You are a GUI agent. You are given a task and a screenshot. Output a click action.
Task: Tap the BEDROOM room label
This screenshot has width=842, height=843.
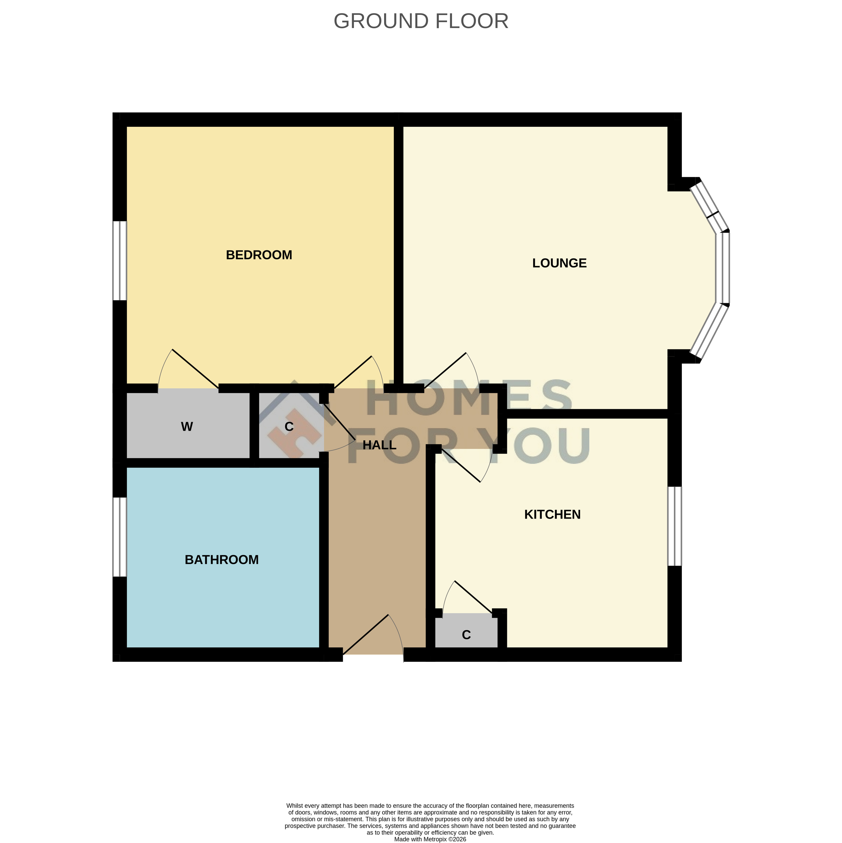coord(259,255)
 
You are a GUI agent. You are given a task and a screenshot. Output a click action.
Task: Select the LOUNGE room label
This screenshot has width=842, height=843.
coord(560,263)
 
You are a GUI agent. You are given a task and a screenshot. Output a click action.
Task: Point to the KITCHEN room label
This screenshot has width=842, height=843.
coord(552,514)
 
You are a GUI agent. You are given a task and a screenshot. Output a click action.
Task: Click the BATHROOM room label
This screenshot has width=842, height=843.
coord(222,560)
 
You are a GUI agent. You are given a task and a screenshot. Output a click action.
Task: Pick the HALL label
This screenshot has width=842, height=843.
coord(380,445)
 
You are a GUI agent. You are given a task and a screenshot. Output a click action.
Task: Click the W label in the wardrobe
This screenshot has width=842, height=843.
coord(187,427)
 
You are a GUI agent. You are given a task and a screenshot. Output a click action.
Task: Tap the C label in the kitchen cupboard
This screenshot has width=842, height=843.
coord(466,635)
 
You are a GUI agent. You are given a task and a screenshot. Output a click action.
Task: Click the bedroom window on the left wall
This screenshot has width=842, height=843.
coord(120,261)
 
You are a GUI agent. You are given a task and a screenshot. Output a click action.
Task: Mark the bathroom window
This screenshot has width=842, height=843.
coord(120,537)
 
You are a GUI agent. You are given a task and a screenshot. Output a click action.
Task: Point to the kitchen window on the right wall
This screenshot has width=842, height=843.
coord(675,526)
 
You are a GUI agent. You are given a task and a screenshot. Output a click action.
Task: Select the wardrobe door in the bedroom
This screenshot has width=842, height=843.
coord(195,369)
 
